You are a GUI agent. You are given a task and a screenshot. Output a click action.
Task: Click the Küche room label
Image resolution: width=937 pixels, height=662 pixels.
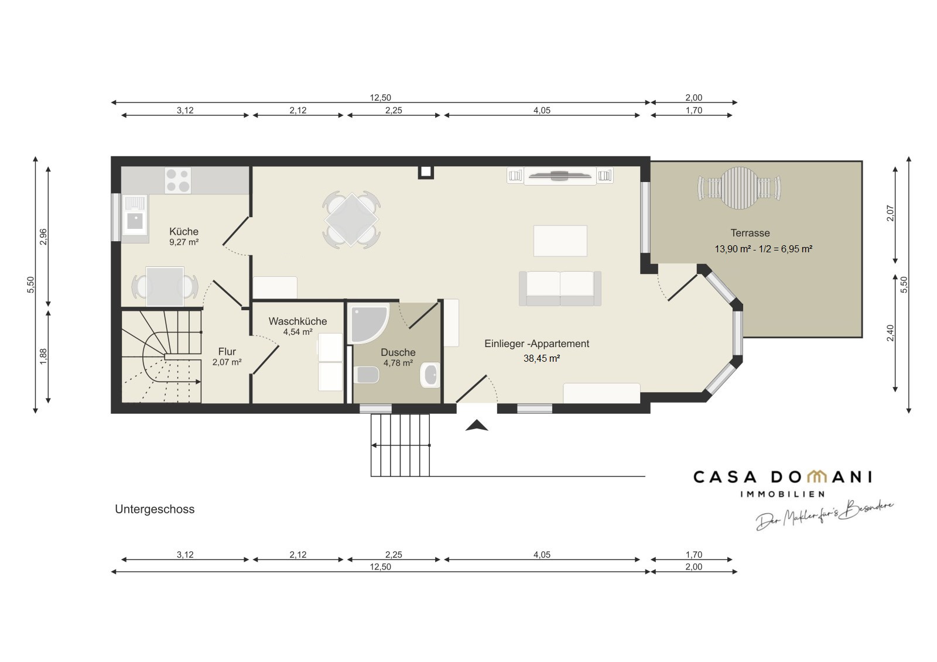184,231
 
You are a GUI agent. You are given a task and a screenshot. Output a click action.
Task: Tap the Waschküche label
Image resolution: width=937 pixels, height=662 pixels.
297,321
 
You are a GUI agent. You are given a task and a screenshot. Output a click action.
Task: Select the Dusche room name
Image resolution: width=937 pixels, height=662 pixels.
398,352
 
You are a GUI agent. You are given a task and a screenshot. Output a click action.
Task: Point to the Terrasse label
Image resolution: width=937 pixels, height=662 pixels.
750,233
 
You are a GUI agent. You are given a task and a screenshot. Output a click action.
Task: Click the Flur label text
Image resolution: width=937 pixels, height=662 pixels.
227,351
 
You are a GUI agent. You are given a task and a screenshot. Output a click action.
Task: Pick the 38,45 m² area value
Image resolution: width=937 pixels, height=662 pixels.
542,358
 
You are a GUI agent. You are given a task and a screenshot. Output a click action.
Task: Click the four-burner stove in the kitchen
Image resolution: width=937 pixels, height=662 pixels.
178,180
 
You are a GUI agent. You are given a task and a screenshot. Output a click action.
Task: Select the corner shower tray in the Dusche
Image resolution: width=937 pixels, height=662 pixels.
370,324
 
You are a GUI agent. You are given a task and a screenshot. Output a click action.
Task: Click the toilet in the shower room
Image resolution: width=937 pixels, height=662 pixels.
367,375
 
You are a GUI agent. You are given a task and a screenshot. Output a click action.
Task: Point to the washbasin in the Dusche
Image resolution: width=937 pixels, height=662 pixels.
430,375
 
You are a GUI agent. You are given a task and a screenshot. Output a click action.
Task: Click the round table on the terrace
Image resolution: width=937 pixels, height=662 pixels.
738,188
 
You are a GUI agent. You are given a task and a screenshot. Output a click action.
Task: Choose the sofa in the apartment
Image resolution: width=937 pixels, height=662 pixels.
560,289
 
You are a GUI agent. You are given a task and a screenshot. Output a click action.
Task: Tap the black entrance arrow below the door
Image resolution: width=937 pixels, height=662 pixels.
477,426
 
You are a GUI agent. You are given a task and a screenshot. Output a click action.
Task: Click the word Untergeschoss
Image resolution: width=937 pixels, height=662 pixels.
155,509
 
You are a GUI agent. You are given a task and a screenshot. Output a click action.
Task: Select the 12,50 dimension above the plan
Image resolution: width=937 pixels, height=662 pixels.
380,97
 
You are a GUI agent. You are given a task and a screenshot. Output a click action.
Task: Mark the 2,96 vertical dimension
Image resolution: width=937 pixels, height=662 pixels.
43,236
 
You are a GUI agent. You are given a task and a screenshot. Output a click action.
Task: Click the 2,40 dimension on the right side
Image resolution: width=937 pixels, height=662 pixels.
890,333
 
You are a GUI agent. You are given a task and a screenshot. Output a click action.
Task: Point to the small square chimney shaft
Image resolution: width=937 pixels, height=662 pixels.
426,172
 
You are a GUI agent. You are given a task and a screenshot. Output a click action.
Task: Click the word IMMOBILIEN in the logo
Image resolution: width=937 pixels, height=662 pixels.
782,494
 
